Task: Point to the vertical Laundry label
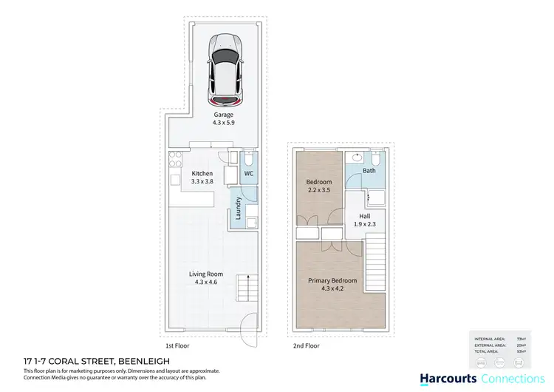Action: tap(239, 208)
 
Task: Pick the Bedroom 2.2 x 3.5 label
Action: tap(320, 182)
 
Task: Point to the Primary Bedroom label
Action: tap(332, 280)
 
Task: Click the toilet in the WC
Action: tap(249, 159)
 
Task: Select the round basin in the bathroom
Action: tap(358, 158)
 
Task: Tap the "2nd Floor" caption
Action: tap(307, 345)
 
